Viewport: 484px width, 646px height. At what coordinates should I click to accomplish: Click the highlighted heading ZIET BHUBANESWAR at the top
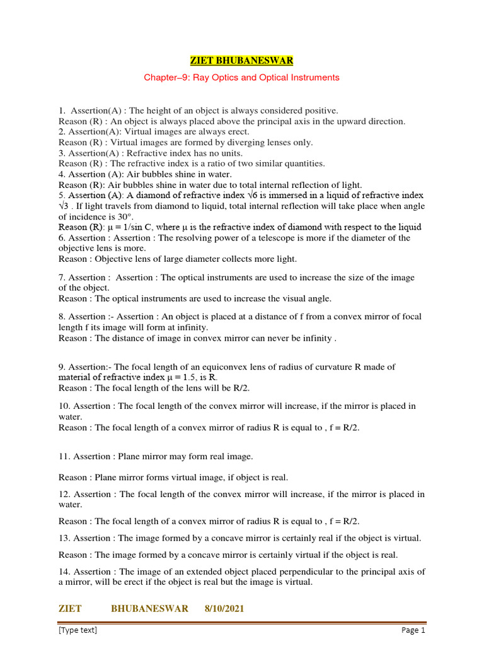pyautogui.click(x=242, y=61)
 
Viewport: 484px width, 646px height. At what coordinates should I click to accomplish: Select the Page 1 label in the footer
pyautogui.click(x=413, y=630)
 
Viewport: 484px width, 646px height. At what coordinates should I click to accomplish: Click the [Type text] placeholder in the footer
pyautogui.click(x=78, y=630)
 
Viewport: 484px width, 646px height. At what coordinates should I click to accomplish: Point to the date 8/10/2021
pyautogui.click(x=224, y=608)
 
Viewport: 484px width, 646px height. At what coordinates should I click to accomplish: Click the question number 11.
pyautogui.click(x=64, y=456)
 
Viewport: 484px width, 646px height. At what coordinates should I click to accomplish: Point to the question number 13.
pyautogui.click(x=64, y=538)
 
